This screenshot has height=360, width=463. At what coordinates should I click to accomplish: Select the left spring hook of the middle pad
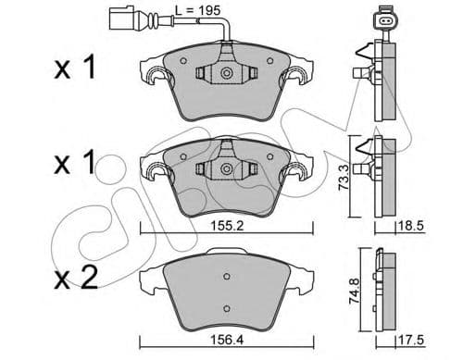pos(149,169)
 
